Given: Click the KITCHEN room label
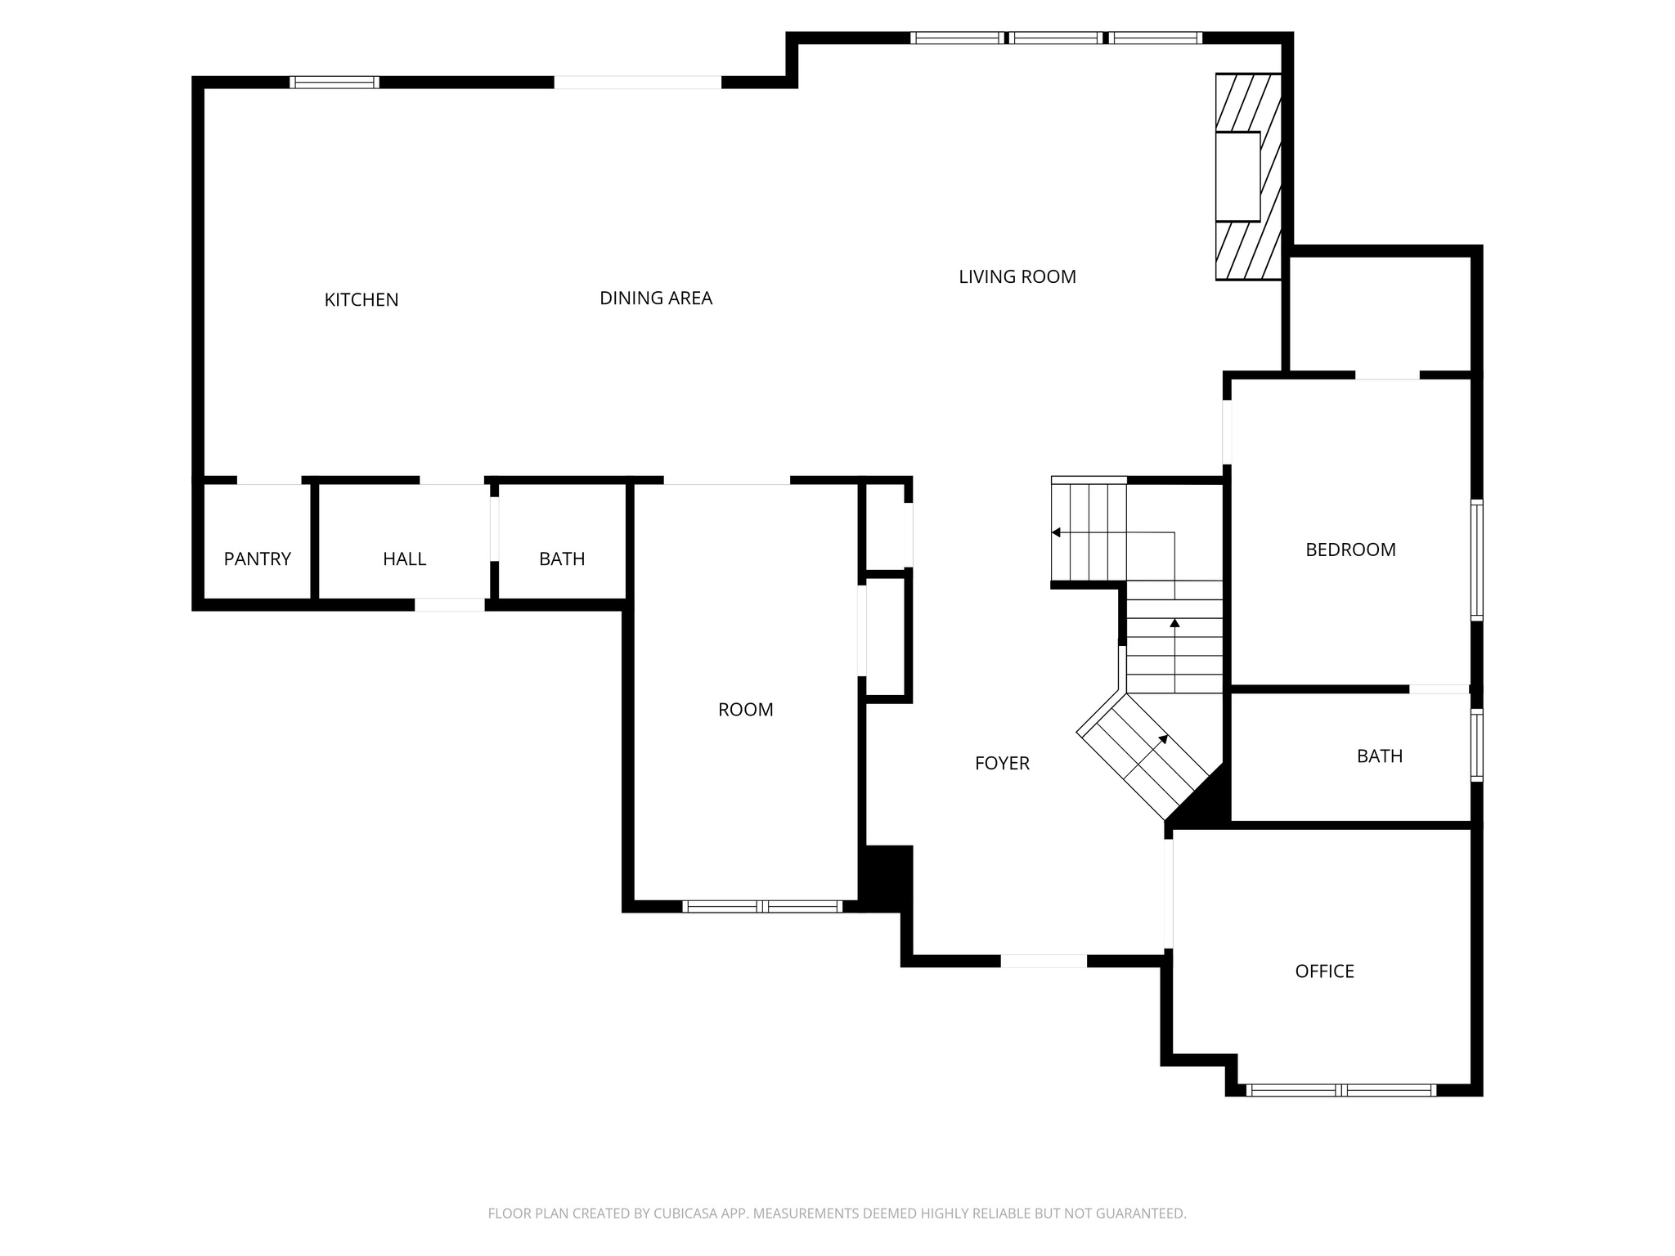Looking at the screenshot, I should pyautogui.click(x=361, y=300).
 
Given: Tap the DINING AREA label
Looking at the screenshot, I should pyautogui.click(x=656, y=298).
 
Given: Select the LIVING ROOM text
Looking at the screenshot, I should pyautogui.click(x=1017, y=277).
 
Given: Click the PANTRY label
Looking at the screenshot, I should pyautogui.click(x=257, y=559).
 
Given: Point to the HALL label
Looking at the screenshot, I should pyautogui.click(x=404, y=559).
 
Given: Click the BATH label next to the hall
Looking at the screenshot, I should pyautogui.click(x=562, y=559).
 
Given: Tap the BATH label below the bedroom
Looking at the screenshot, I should pyautogui.click(x=1379, y=756).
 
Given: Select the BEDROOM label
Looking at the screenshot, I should pyautogui.click(x=1350, y=550).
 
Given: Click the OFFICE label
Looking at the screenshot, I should pyautogui.click(x=1324, y=971).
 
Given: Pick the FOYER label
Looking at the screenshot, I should pyautogui.click(x=1002, y=764).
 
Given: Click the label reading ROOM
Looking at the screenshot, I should pyautogui.click(x=745, y=710).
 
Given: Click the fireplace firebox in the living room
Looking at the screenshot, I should pyautogui.click(x=1237, y=176).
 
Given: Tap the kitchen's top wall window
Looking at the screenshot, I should pyautogui.click(x=335, y=82).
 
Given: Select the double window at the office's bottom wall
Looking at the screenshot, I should pyautogui.click(x=1340, y=1090).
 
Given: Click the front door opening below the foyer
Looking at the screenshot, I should pyautogui.click(x=1044, y=961).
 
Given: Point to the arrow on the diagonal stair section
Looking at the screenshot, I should pyautogui.click(x=1162, y=740).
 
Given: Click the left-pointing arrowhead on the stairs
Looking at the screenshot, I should pyautogui.click(x=1056, y=532).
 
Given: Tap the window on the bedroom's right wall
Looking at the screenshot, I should pyautogui.click(x=1476, y=560).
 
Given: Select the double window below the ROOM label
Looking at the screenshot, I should pyautogui.click(x=761, y=906).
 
